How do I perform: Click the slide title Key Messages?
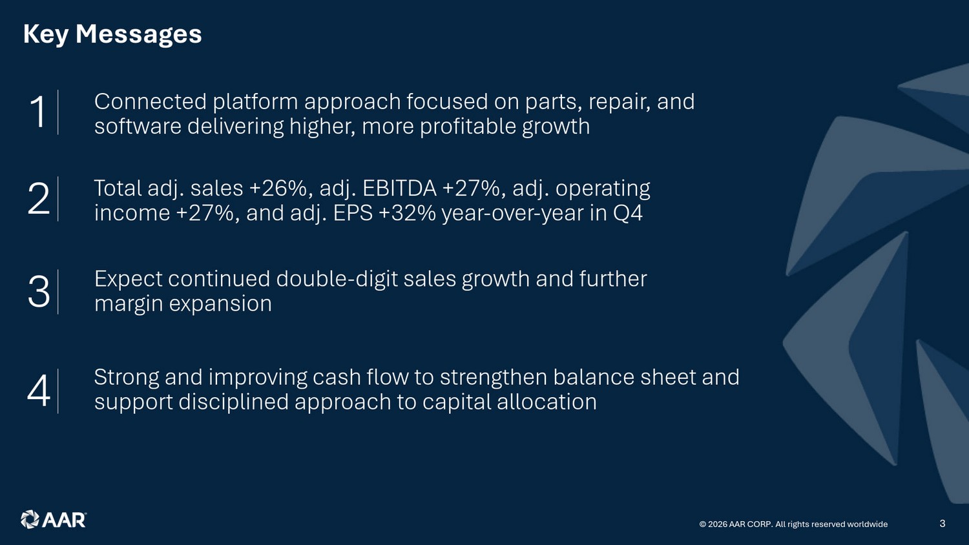pos(112,34)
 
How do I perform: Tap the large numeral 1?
pos(38,112)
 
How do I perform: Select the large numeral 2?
pos(39,198)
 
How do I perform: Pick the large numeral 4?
pos(39,391)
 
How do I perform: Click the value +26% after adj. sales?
pos(278,188)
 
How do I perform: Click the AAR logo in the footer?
pos(54,519)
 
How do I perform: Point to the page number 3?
pos(943,524)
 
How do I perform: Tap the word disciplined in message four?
pos(234,402)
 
